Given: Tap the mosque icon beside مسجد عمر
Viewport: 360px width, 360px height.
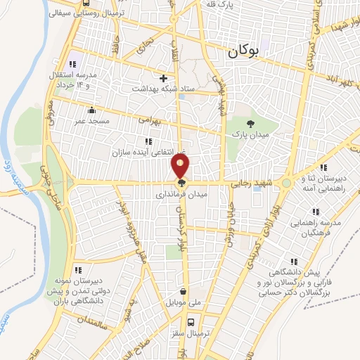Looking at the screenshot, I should tap(91, 110).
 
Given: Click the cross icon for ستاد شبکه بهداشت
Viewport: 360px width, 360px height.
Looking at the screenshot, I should tap(164, 78).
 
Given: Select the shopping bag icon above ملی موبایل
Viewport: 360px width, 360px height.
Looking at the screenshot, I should tap(183, 292).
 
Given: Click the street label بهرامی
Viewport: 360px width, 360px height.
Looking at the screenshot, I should tap(150, 120).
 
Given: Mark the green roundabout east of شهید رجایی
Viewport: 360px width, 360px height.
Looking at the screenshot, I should tap(287, 184).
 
